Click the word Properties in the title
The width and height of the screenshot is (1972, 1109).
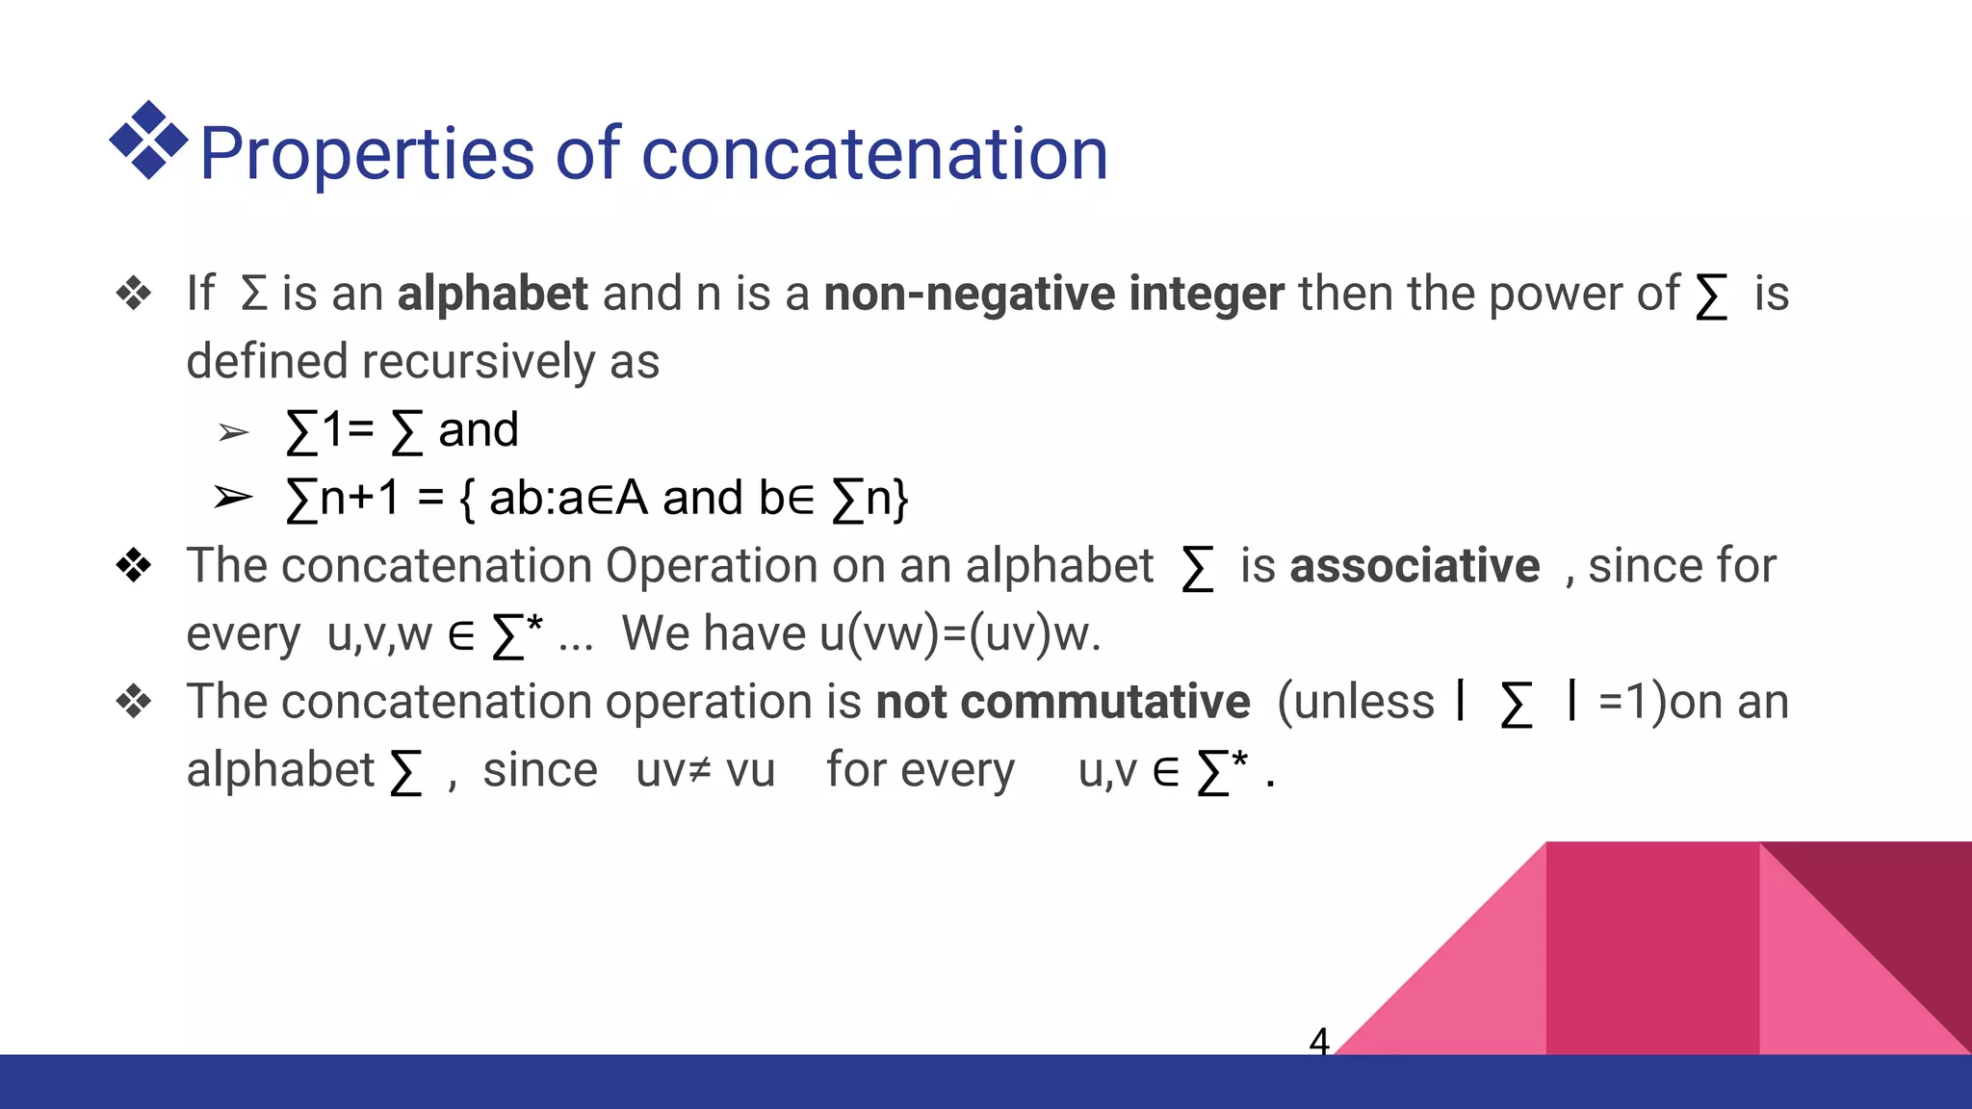click(x=366, y=154)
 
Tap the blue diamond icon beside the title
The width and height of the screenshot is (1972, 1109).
click(x=148, y=141)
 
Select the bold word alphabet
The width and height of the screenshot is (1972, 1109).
click(x=492, y=294)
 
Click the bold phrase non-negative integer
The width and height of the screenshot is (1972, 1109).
click(x=1053, y=294)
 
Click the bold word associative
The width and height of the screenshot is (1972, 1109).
click(x=1414, y=566)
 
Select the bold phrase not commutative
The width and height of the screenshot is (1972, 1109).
click(x=1063, y=702)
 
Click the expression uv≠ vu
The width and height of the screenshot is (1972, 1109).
click(x=705, y=770)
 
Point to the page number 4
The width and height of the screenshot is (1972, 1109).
click(x=1319, y=1041)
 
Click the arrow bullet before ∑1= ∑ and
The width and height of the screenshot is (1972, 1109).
click(x=233, y=432)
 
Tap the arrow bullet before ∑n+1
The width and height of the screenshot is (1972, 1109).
click(x=233, y=498)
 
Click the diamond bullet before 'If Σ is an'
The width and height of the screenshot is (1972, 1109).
click(x=134, y=294)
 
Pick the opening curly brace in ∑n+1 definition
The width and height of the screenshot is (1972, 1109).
click(x=467, y=500)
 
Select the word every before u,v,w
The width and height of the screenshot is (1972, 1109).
click(x=244, y=634)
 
